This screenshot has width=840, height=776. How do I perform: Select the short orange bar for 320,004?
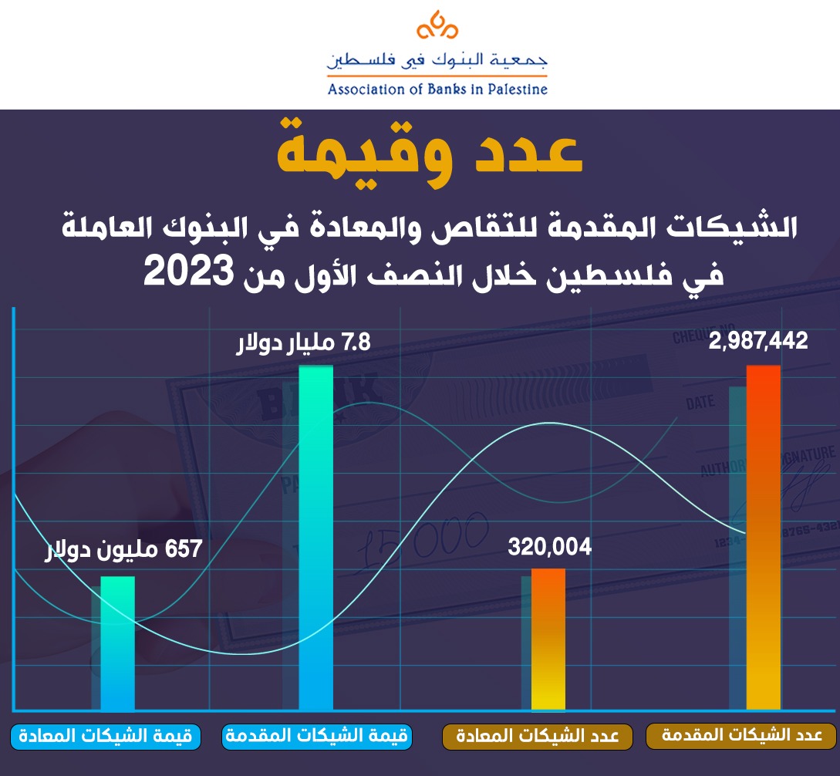(548, 639)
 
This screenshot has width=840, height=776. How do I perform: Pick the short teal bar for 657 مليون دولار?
(118, 643)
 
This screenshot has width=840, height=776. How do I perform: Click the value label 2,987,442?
(758, 341)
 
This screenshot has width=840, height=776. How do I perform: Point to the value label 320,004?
(549, 547)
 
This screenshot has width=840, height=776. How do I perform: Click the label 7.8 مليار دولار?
(303, 341)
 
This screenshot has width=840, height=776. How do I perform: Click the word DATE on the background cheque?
(700, 403)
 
